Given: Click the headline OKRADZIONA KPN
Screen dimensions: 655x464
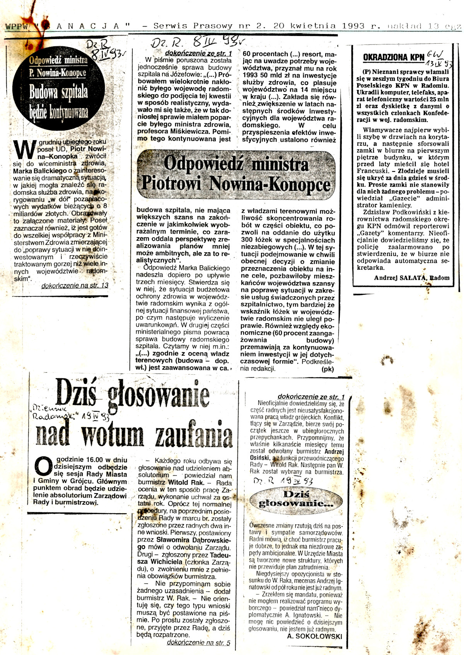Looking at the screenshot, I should click(394, 58).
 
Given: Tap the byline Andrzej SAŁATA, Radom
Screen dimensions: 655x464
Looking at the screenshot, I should click(411, 278).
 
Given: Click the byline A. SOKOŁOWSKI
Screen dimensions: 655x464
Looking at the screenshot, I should click(314, 636).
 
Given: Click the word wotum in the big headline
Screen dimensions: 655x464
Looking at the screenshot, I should click(112, 434).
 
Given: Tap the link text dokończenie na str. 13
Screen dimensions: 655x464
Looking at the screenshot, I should click(75, 286).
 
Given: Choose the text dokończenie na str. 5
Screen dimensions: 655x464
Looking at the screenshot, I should click(198, 643).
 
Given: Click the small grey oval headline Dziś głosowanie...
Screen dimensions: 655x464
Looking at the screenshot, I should click(296, 499).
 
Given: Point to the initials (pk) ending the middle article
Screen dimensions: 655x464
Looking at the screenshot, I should click(328, 369).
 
